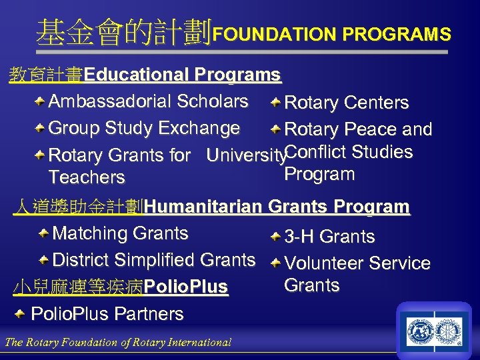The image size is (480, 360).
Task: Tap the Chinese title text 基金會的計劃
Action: pyautogui.click(x=124, y=31)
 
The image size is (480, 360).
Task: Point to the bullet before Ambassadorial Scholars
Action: pyautogui.click(x=41, y=101)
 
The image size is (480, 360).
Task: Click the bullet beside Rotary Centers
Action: pyautogui.click(x=275, y=103)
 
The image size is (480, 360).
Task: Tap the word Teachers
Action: pyautogui.click(x=87, y=177)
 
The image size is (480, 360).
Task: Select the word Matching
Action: pyautogui.click(x=91, y=233)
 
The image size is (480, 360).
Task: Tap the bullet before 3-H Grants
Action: pyautogui.click(x=275, y=237)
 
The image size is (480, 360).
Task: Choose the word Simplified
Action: pyautogui.click(x=175, y=259)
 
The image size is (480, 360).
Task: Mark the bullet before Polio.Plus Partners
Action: pyautogui.click(x=21, y=313)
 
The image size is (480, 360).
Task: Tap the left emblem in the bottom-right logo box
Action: pyautogui.click(x=421, y=331)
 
